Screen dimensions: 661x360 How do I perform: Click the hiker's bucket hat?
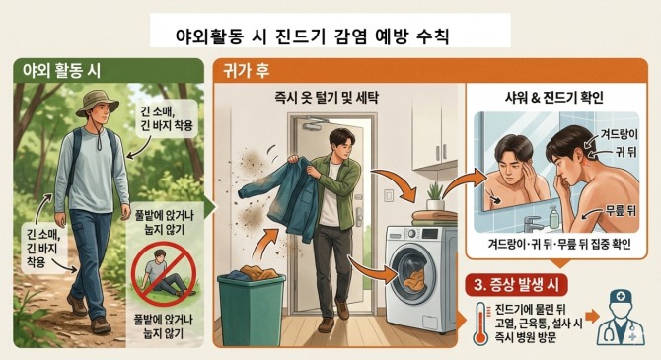tap(97, 104)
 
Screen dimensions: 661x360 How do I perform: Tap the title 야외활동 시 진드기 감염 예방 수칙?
tap(312, 36)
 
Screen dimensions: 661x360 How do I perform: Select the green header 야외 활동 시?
tap(61, 70)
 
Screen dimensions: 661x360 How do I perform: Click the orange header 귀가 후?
tap(247, 70)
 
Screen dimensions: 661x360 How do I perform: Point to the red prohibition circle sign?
tap(164, 273)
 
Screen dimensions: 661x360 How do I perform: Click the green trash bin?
tap(252, 311)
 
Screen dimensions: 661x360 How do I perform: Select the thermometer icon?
tap(480, 324)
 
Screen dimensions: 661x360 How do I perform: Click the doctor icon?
tap(621, 319)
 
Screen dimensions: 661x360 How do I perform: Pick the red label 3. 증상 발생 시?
tap(516, 285)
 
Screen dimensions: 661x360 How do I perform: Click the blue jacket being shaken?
tap(281, 197)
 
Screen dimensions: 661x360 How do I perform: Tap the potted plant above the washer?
tap(435, 196)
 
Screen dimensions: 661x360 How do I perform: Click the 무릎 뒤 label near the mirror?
tap(621, 210)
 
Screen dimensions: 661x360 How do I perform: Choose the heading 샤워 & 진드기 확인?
tap(554, 98)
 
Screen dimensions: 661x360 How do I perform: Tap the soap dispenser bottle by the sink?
tap(553, 217)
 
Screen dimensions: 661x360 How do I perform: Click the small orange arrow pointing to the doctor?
tap(592, 317)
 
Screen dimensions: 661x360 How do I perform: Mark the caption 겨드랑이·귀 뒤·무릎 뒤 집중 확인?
tap(559, 244)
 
